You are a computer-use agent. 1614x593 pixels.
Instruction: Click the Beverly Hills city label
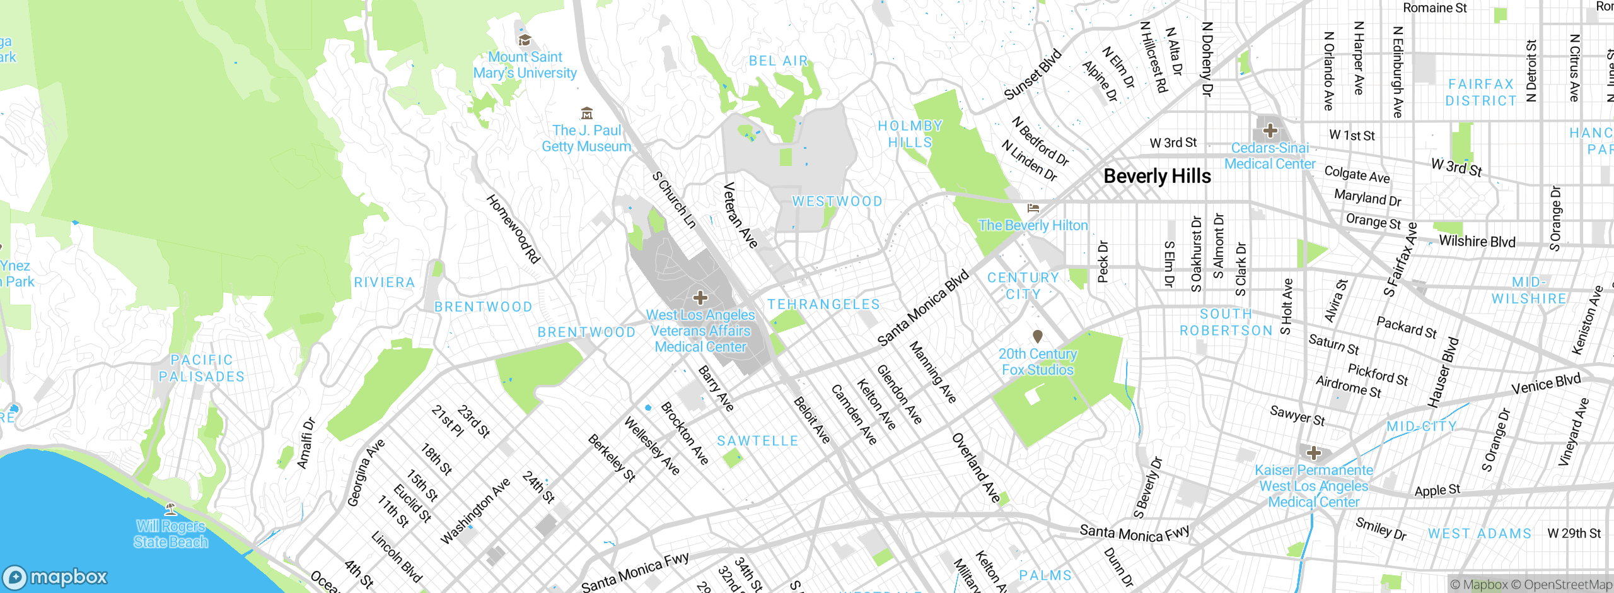[1157, 176]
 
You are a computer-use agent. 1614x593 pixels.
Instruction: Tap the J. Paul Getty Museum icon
[587, 114]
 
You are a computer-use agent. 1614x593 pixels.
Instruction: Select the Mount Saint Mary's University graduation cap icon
[524, 41]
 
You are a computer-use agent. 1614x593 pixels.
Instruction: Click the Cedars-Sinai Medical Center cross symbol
[1270, 131]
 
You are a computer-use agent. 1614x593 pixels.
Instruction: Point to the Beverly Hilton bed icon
[1033, 208]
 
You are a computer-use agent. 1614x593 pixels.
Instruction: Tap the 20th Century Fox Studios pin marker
[1037, 336]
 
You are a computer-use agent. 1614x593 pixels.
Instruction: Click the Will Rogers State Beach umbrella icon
[170, 508]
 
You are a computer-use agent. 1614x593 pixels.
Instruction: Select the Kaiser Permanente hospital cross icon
[1313, 453]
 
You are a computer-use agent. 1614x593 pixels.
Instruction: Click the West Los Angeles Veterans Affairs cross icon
[700, 298]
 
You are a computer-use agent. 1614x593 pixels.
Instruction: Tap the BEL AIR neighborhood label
[778, 61]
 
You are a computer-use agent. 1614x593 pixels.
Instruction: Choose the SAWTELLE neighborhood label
[758, 441]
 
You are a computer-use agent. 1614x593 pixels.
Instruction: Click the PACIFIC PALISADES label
[202, 368]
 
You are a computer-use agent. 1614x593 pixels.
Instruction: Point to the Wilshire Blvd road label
[1477, 242]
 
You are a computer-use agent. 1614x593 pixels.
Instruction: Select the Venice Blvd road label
[1546, 384]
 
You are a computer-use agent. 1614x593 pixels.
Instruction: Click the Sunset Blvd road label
[1033, 74]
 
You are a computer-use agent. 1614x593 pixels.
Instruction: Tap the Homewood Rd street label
[513, 228]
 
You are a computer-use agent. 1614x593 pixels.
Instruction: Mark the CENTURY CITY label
[1023, 286]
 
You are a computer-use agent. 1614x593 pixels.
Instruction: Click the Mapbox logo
[55, 577]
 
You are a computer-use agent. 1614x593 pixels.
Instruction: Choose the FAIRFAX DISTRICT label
[1481, 93]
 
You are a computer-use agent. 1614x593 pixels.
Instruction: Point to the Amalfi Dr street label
[306, 443]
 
